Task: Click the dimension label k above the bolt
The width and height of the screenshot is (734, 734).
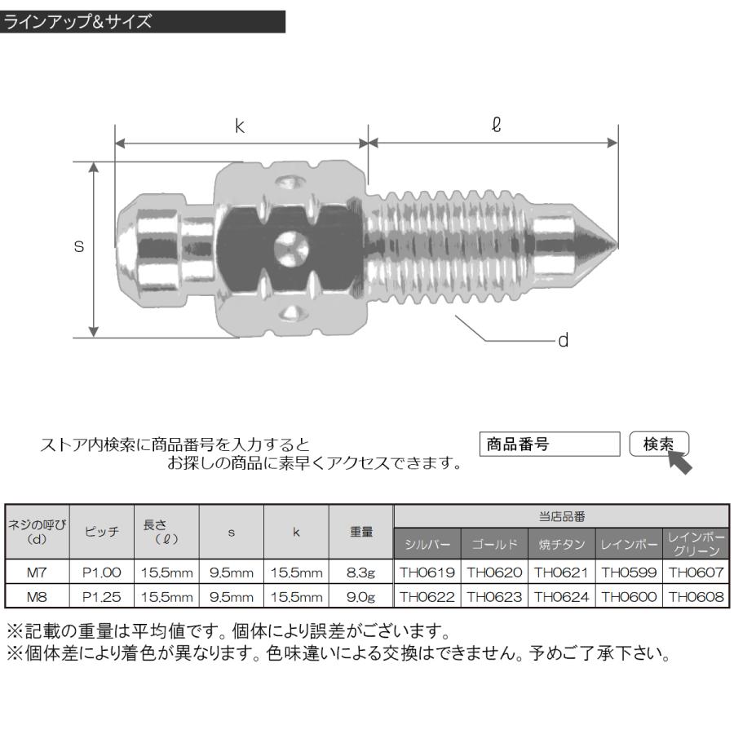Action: [241, 127]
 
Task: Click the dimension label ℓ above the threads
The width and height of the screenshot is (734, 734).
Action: [495, 126]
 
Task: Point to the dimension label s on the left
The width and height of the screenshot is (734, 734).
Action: [79, 246]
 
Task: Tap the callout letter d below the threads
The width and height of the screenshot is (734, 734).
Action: [563, 341]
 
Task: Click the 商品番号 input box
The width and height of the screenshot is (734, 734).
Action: [550, 444]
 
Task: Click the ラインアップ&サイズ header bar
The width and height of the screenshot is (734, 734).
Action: [143, 22]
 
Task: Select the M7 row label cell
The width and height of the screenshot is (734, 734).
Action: [37, 574]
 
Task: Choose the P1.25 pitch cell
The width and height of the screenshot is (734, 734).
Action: [101, 597]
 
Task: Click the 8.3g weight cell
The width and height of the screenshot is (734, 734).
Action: [360, 574]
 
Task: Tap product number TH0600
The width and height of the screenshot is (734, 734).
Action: [629, 597]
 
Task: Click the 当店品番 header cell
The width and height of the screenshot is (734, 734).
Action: [561, 516]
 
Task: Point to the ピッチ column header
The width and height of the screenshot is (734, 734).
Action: [101, 531]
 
